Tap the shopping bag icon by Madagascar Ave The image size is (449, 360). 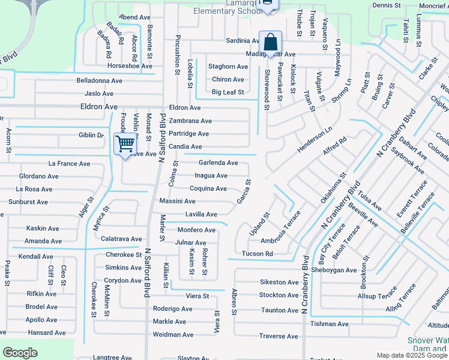click(x=270, y=43)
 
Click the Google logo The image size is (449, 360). click(x=20, y=353)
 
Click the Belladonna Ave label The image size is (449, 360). click(x=99, y=80)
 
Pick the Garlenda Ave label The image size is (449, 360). click(x=218, y=163)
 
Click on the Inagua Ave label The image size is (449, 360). click(x=211, y=176)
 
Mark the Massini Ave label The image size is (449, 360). click(x=176, y=201)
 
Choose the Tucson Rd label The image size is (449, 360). click(x=257, y=254)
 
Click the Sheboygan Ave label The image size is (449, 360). click(x=334, y=270)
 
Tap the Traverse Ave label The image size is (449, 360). click(x=279, y=336)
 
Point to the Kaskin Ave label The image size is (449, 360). click(x=43, y=229)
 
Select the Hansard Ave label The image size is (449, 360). click(x=46, y=333)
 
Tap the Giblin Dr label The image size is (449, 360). click(x=91, y=136)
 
